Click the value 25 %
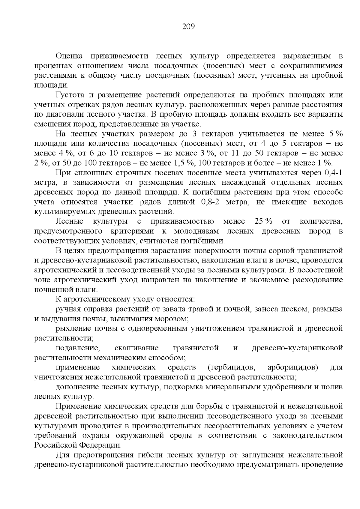[263, 222]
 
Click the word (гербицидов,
[231, 367]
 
